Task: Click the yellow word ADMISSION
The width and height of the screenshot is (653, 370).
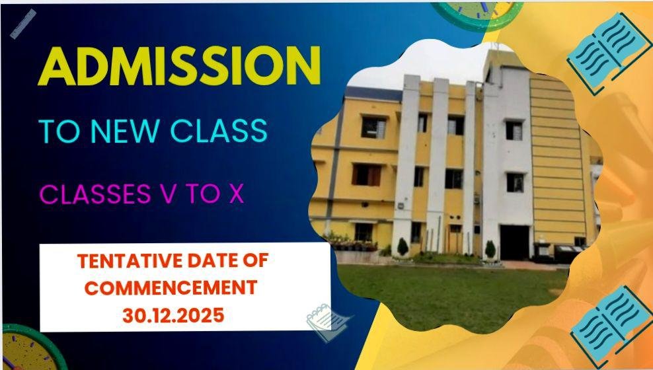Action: pos(180,66)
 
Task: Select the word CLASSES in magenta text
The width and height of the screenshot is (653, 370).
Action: pos(95,194)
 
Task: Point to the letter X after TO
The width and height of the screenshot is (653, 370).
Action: pos(236,194)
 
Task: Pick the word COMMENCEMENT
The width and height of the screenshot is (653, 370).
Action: pos(171,288)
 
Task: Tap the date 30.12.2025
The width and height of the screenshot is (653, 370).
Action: pos(173,315)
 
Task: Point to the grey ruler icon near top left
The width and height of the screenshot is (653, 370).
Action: pos(23,24)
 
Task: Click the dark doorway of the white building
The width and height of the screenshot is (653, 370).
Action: pos(514,242)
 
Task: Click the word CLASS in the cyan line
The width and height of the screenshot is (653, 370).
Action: pos(219,131)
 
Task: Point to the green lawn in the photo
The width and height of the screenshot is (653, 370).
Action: pos(450,295)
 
